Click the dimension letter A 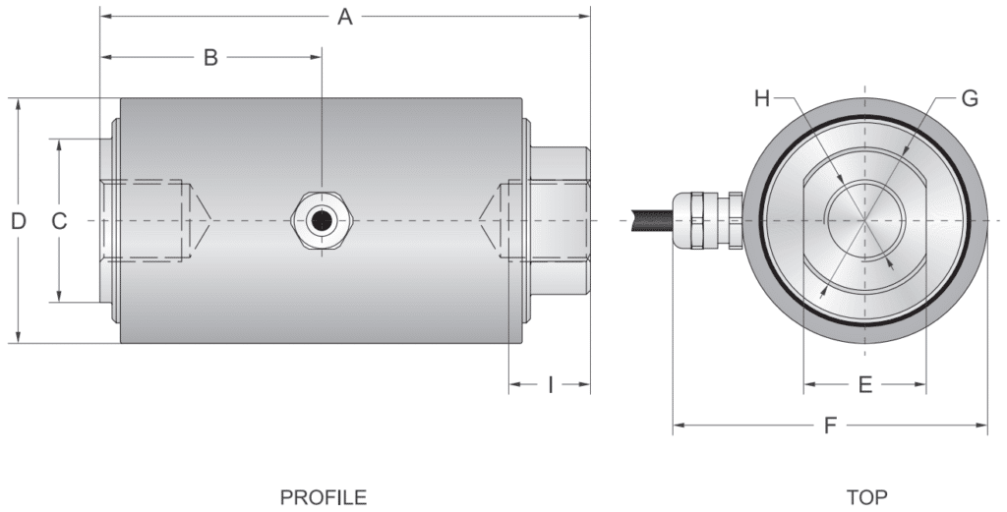[344, 17]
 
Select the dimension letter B [210, 57]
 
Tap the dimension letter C [59, 221]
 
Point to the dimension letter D [18, 221]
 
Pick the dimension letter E [865, 384]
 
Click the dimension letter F [831, 426]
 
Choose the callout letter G [970, 98]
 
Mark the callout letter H [764, 98]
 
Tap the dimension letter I [551, 384]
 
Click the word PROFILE [324, 497]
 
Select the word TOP [866, 497]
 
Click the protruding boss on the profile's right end [560, 221]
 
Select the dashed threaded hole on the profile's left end [148, 220]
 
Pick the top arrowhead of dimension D [19, 103]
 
